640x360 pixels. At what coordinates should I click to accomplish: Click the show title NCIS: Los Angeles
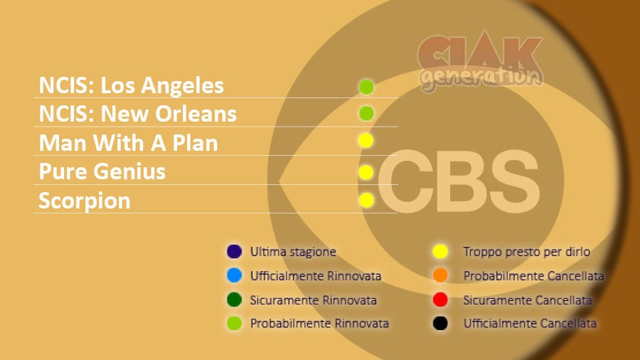click(x=131, y=85)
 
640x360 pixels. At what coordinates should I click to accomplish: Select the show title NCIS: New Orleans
click(x=137, y=113)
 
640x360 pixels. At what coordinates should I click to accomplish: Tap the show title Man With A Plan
click(x=128, y=143)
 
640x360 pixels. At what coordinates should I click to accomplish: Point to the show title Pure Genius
click(x=102, y=171)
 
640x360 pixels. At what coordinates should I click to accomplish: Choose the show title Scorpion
click(x=85, y=201)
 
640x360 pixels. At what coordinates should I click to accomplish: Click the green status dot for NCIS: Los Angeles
click(x=366, y=87)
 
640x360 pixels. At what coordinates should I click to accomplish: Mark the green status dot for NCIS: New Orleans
click(x=366, y=113)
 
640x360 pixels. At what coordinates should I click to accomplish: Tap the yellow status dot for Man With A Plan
click(x=366, y=140)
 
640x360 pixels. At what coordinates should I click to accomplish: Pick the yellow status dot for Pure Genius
click(x=366, y=172)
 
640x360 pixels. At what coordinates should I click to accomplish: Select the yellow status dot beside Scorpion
click(x=366, y=200)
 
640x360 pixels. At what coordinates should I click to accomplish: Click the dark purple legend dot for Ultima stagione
click(x=234, y=251)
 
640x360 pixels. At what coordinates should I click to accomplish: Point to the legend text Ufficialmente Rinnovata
click(x=316, y=276)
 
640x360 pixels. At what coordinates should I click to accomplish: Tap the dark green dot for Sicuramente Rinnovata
click(x=234, y=300)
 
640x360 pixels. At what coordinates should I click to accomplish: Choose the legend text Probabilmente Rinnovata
click(x=319, y=324)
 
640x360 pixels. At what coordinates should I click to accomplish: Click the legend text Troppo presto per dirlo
click(x=526, y=252)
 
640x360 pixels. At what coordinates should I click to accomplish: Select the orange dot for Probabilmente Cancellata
click(x=440, y=275)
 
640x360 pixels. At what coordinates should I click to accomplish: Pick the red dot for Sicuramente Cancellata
click(x=440, y=300)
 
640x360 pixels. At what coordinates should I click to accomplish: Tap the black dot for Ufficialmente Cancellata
click(x=440, y=323)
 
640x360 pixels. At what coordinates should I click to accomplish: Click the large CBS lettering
click(x=459, y=181)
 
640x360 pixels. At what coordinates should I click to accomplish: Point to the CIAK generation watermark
click(x=481, y=61)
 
